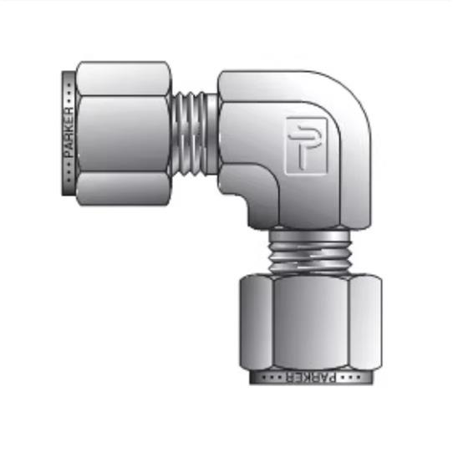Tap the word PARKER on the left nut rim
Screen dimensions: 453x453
pos(69,134)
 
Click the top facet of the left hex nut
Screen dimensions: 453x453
pos(121,77)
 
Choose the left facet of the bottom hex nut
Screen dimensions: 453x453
pos(254,322)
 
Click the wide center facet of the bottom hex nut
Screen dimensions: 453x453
pos(309,322)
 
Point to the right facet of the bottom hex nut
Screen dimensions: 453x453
pos(365,322)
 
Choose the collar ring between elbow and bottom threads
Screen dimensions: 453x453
pos(309,227)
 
